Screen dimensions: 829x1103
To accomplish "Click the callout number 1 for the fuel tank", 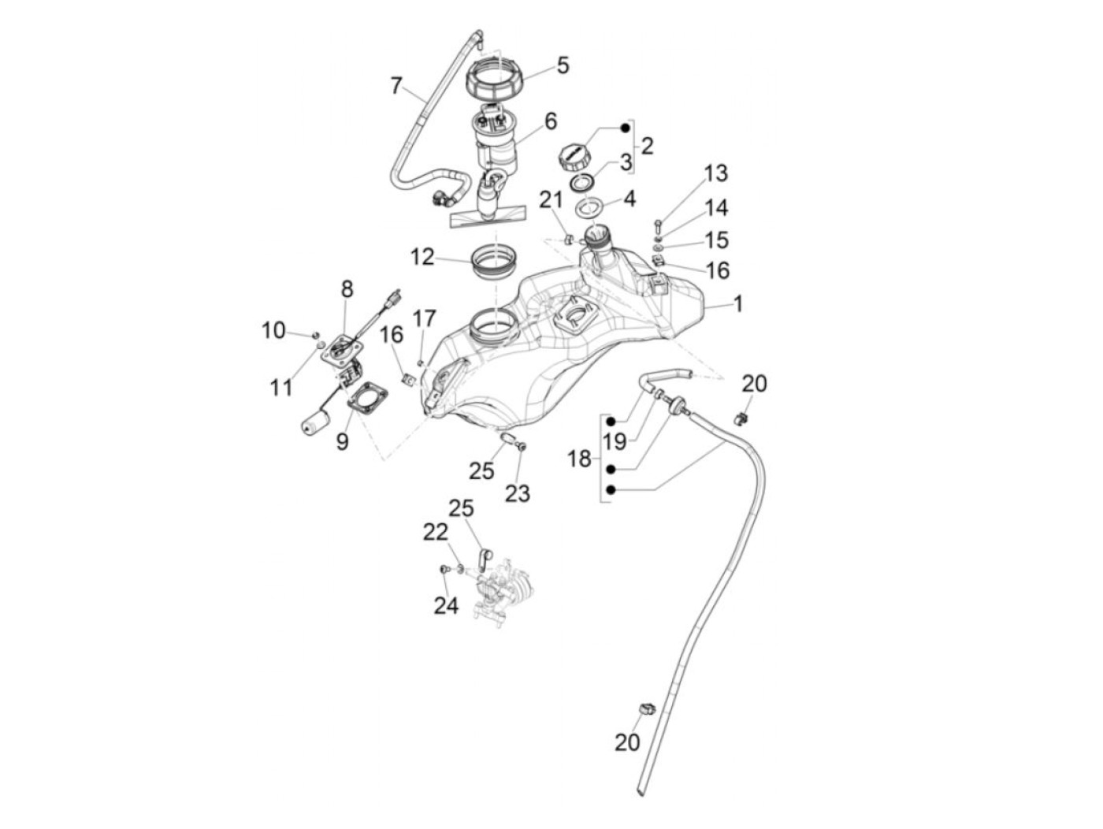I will click(737, 303).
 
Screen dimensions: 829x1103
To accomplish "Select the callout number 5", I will click(563, 65).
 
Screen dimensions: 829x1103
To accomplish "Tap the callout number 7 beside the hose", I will click(396, 85).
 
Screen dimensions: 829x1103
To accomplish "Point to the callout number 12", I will click(422, 257).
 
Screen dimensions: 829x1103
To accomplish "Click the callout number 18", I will click(579, 458).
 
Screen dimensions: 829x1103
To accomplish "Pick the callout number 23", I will click(518, 493).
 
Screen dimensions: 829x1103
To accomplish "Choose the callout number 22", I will click(435, 532).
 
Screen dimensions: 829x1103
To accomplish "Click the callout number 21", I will click(551, 201).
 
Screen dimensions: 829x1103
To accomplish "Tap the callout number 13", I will click(715, 173).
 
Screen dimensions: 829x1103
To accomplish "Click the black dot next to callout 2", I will click(626, 128).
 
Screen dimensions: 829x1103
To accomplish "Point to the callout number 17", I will click(424, 319).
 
